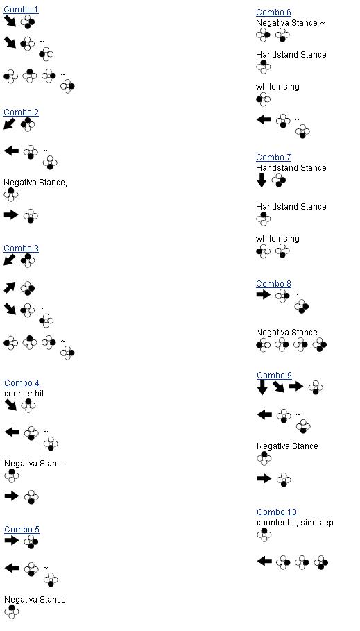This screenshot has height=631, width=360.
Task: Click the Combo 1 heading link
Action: tap(21, 10)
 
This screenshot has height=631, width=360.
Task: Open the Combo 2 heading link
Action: tap(21, 112)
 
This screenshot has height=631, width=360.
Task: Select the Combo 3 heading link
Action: tap(21, 249)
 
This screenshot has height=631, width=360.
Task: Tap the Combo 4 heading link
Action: tap(22, 383)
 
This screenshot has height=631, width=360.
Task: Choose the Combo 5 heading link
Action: tap(22, 530)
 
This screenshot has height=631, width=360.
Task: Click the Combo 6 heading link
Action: tap(273, 12)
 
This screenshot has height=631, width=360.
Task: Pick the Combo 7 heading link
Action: tap(273, 158)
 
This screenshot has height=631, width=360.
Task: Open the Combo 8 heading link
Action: tap(273, 284)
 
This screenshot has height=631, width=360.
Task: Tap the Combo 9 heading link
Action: tap(274, 376)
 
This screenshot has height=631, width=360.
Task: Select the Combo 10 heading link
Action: tap(277, 512)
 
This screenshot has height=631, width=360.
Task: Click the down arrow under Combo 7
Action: tap(262, 180)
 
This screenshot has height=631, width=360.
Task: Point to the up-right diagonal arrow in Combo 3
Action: tap(10, 287)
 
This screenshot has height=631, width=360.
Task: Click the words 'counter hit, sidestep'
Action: tap(295, 523)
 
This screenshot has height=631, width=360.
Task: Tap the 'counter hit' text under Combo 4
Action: tap(24, 394)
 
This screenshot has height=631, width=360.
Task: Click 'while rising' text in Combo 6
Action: tap(277, 87)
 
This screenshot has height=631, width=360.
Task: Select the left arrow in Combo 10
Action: tap(264, 561)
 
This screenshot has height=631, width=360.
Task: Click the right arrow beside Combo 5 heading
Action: tap(12, 540)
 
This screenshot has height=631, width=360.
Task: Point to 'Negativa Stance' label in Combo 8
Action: tap(286, 333)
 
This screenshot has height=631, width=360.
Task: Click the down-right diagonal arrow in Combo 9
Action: tap(278, 387)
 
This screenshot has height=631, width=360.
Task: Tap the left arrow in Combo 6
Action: tap(264, 119)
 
